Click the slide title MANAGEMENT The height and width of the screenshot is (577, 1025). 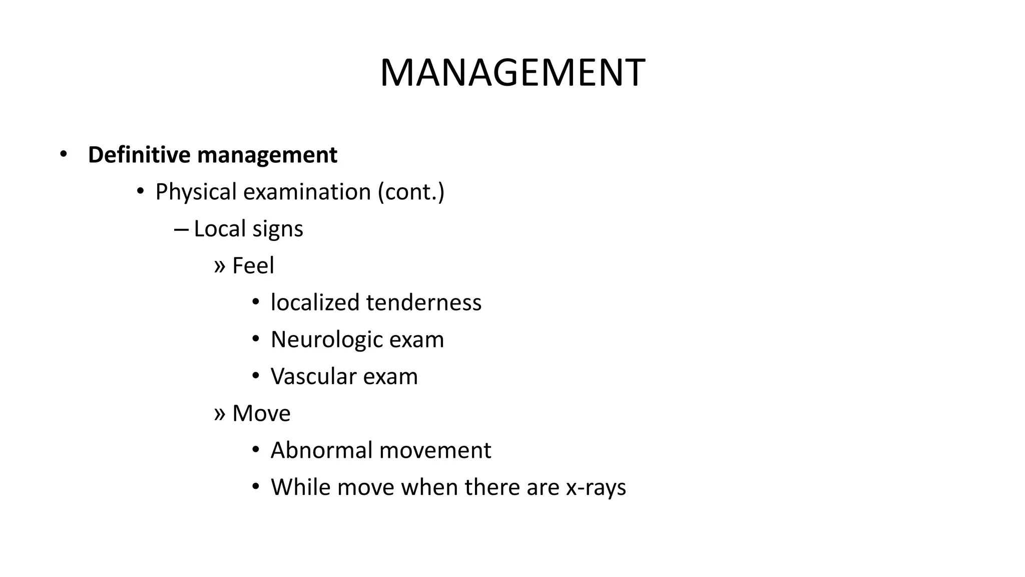point(512,73)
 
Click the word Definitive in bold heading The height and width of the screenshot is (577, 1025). point(139,155)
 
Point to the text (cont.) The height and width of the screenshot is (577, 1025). point(411,192)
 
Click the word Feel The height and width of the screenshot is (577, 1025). point(253,265)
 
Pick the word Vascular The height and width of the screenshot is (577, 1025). point(313,376)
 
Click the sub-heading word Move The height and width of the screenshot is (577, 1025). point(261,413)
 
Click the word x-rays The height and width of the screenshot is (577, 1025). point(596,488)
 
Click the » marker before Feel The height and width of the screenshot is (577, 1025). point(219,266)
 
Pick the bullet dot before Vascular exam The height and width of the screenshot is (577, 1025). point(256,376)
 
